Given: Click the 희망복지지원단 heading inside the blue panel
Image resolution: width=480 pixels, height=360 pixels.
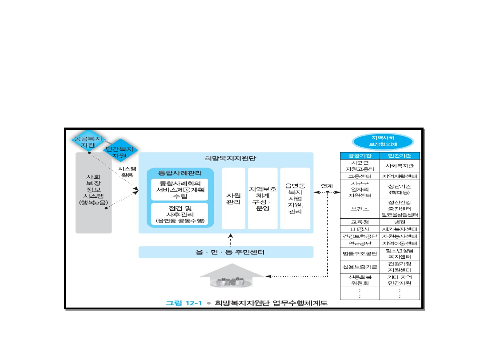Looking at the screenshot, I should point(224,158).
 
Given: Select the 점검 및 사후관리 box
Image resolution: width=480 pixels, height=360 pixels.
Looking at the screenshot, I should point(180,214).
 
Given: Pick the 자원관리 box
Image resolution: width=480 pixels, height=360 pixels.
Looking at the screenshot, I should point(233,199).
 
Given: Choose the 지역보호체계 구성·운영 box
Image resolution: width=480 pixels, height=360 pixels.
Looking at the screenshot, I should point(263,199).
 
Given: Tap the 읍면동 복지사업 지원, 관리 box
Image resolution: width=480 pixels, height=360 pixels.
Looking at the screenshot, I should point(294,199).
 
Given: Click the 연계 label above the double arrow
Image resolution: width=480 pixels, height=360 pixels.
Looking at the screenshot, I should point(327,185).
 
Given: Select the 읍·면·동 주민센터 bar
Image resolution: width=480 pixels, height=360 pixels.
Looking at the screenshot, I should point(226,252).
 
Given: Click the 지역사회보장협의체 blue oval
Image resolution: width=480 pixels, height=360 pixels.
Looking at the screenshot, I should point(383,141).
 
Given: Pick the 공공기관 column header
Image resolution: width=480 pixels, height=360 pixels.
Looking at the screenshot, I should point(360,156).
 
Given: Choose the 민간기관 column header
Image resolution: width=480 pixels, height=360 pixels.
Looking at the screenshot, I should point(400,156).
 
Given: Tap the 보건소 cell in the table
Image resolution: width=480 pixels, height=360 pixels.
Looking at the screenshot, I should point(360,208).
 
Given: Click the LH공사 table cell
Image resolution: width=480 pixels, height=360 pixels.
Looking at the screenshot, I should point(360,229).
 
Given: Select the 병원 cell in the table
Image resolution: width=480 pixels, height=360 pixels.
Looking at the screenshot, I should point(400,221).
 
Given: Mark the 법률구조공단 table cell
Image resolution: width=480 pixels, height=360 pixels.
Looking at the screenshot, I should point(360,253).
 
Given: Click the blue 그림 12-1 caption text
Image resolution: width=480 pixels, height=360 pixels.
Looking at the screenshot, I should point(184,303).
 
